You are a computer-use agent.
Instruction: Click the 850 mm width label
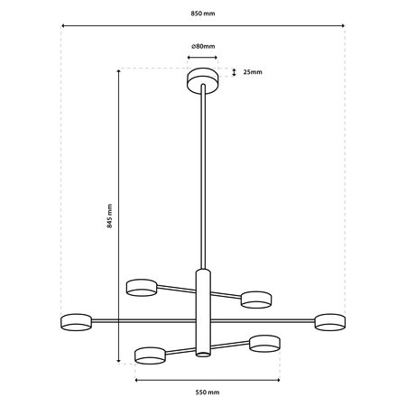[x=203, y=15]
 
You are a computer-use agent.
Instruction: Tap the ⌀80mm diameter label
[x=203, y=45]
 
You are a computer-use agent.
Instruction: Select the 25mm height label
[x=253, y=72]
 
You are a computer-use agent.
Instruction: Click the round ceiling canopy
[x=203, y=79]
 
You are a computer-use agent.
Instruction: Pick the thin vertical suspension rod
[x=203, y=180]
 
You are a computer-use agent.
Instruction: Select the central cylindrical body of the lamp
[x=203, y=311]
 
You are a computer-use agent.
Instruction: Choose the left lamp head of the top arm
[x=142, y=287]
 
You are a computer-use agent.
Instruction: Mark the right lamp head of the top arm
[x=257, y=298]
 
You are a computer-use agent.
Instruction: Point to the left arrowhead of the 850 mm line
[x=63, y=25]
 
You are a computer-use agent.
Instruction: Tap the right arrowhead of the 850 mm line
[x=344, y=25]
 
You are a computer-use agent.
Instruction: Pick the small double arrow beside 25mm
[x=235, y=72]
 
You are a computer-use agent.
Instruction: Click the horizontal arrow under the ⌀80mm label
[x=203, y=57]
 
